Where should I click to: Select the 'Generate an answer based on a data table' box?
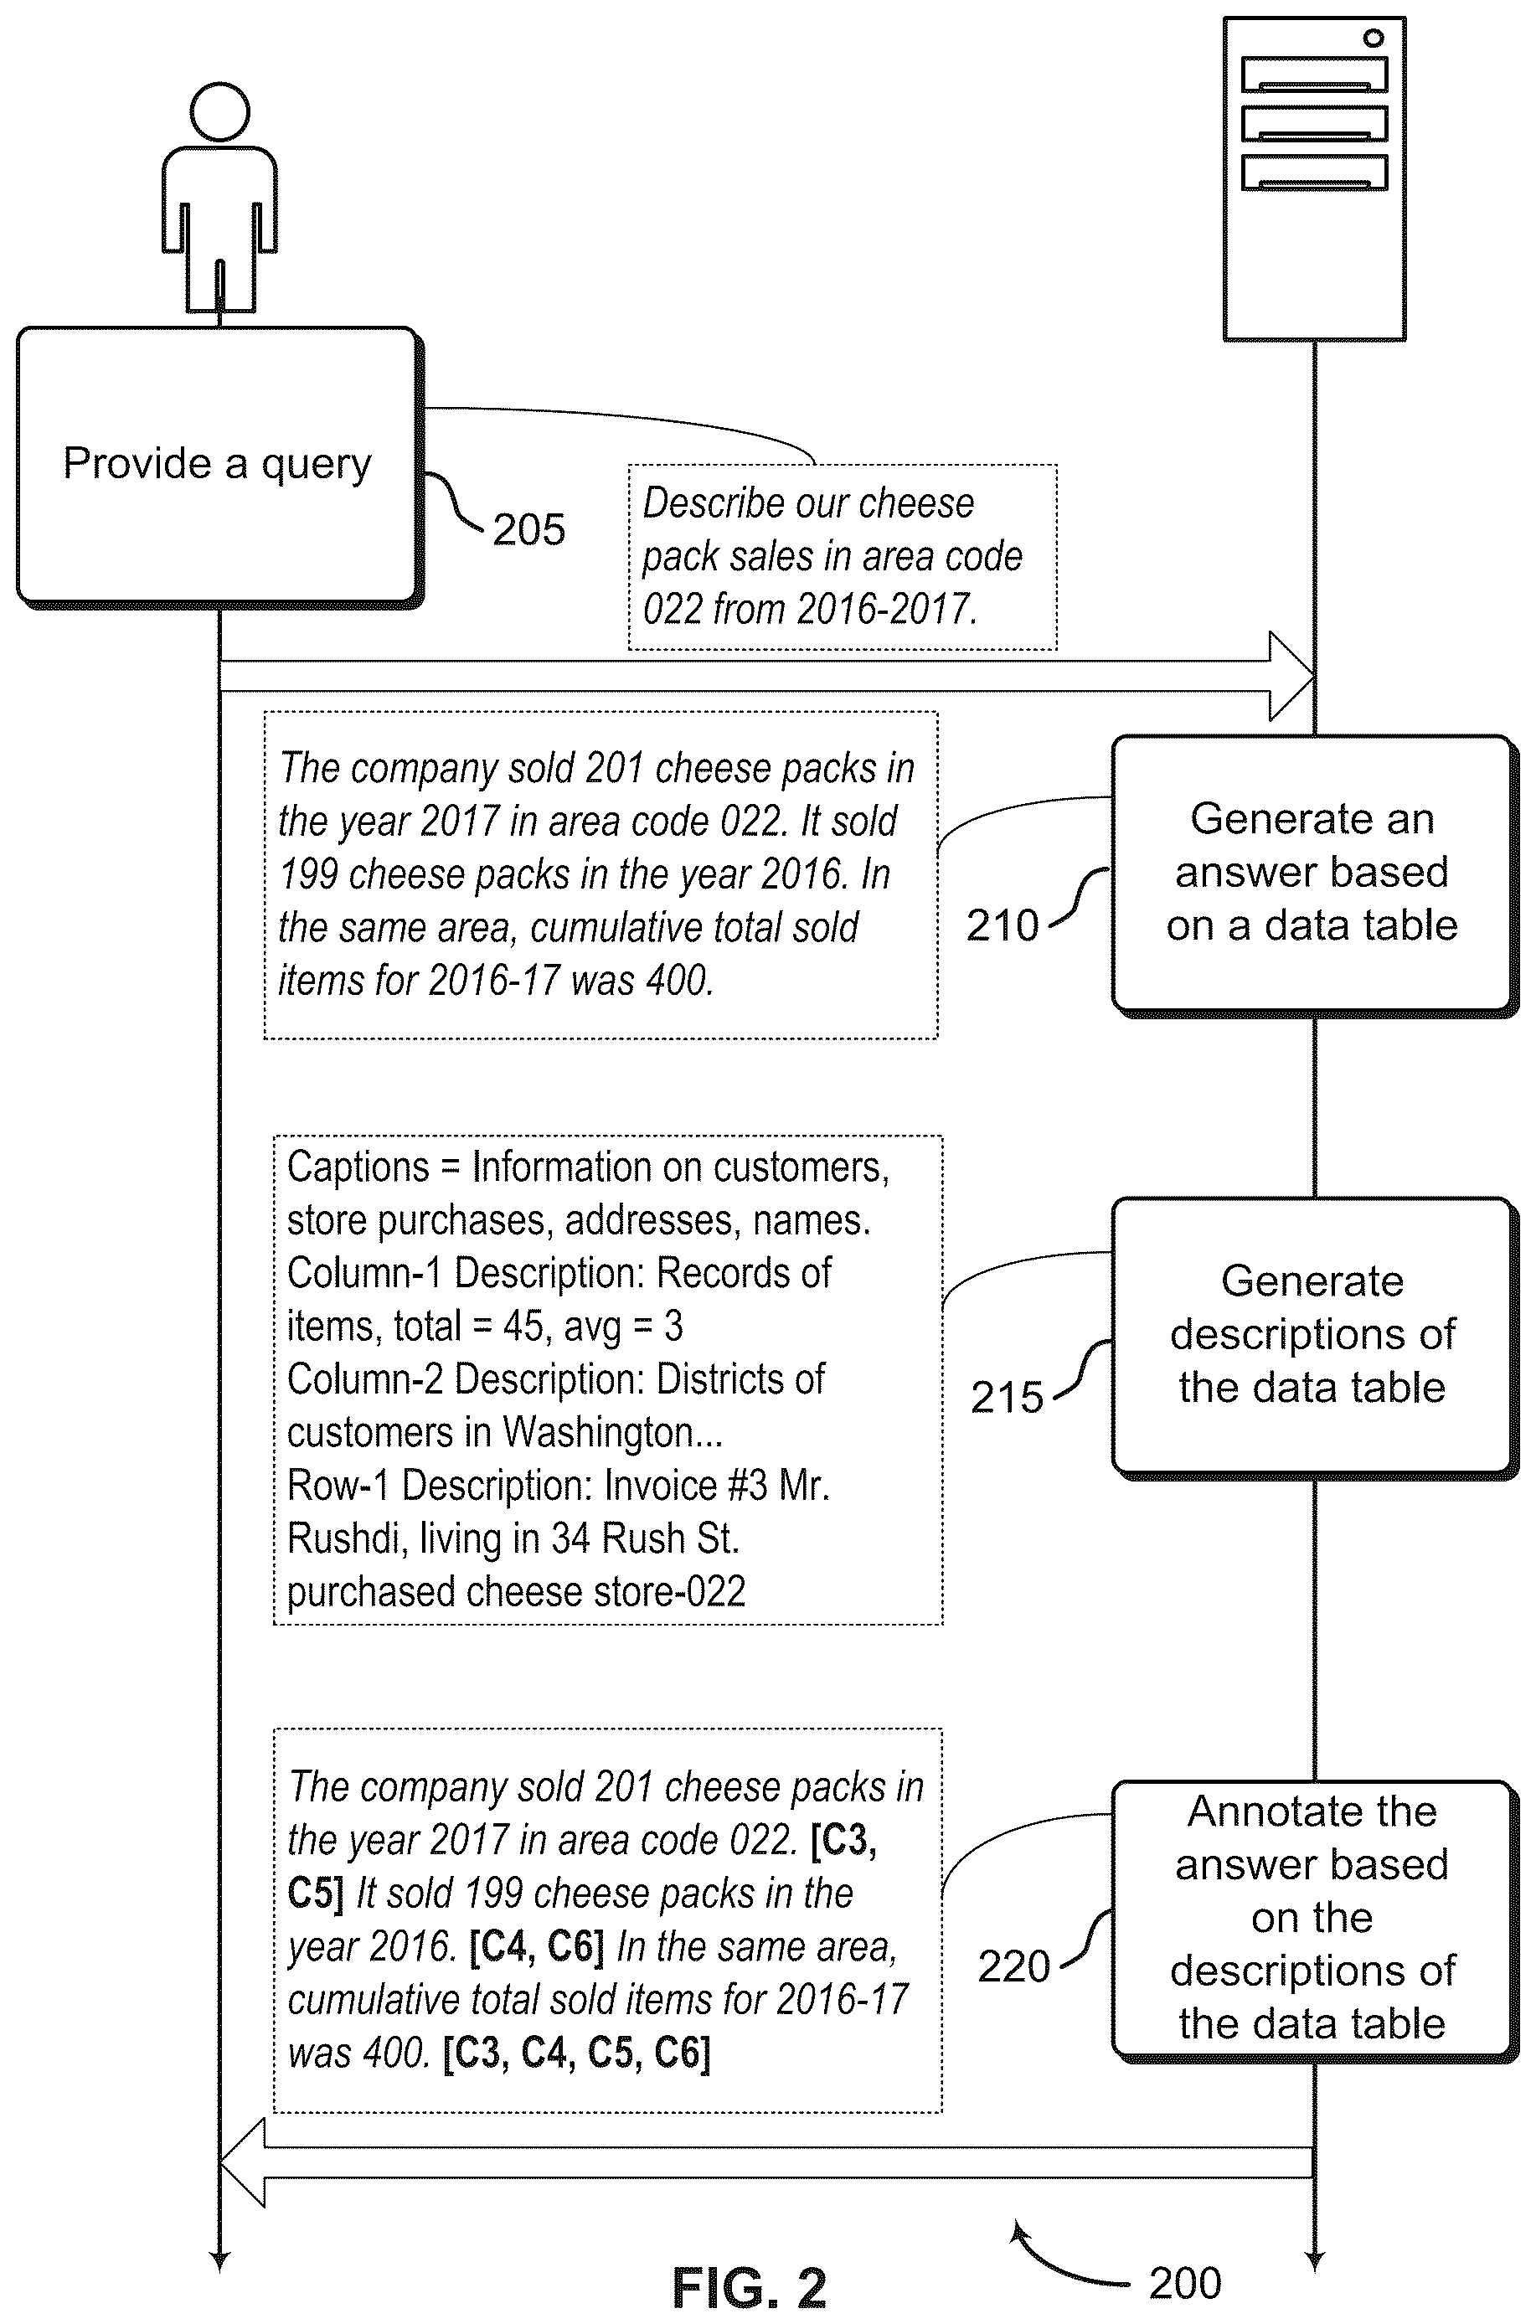pos(1312,874)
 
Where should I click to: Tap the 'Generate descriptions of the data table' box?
pos(1312,1336)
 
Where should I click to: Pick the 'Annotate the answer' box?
pos(1312,1919)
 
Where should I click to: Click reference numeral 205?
pos(529,530)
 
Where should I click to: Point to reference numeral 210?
pos(1003,925)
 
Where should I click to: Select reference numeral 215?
pos(1007,1398)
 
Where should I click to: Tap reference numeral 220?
pos(1014,1966)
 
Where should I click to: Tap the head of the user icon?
pos(219,111)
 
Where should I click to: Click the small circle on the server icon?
pos(1374,39)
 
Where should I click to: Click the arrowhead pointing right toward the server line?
pos(1291,676)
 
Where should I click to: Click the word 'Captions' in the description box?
pos(358,1167)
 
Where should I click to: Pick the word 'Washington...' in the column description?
pos(613,1433)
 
